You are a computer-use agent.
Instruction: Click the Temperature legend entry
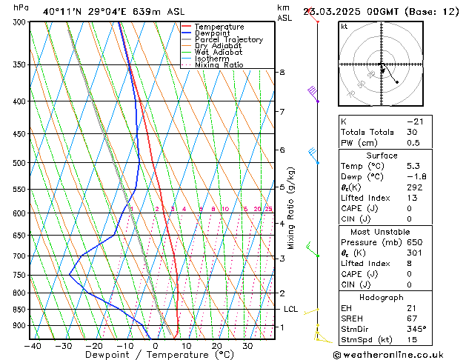(x=219, y=27)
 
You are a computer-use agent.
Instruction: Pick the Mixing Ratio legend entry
(x=219, y=65)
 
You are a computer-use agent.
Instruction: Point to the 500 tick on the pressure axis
(x=19, y=163)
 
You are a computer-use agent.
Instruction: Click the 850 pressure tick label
(x=19, y=310)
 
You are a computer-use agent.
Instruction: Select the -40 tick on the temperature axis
(x=33, y=346)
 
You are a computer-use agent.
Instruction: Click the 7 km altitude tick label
(x=282, y=112)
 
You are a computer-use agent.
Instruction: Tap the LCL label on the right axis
(x=290, y=309)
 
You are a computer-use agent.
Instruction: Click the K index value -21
(x=414, y=121)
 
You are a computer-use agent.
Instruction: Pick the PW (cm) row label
(x=359, y=143)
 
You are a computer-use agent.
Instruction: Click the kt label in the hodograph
(x=344, y=27)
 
